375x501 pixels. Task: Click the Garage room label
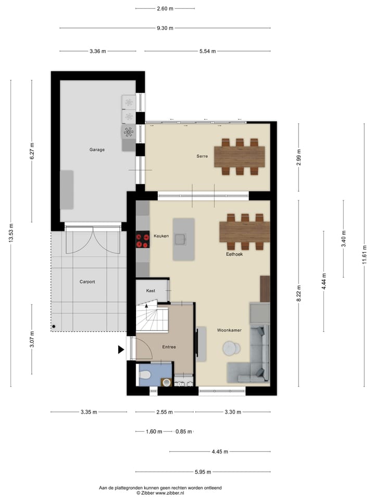tap(97, 150)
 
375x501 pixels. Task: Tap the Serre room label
tap(202, 156)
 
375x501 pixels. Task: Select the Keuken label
tap(161, 236)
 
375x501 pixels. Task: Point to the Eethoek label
tap(234, 255)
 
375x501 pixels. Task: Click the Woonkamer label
tap(228, 330)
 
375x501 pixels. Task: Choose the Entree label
tap(169, 347)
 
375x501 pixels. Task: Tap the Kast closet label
tap(151, 291)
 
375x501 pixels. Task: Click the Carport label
tap(87, 282)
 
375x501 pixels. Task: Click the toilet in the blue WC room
tap(145, 374)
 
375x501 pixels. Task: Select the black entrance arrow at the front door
tap(121, 350)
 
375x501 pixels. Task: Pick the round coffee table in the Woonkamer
tap(230, 348)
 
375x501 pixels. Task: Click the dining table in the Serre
tap(239, 156)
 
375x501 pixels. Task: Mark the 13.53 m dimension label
tap(11, 233)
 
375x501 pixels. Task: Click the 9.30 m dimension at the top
tap(165, 28)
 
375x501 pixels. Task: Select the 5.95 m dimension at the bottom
tap(203, 472)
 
